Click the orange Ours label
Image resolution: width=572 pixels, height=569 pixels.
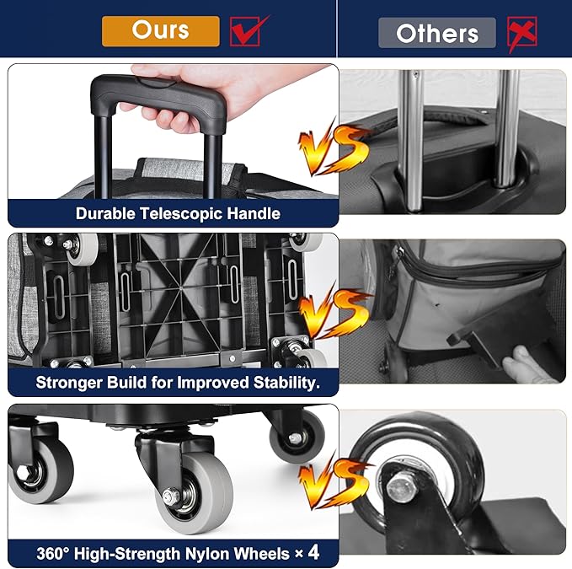click(161, 31)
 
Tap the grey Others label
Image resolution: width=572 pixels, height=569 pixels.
click(437, 33)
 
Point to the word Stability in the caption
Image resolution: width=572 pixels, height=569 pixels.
click(286, 383)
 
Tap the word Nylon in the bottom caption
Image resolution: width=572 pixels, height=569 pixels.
click(208, 554)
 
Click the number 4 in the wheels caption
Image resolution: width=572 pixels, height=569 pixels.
click(313, 553)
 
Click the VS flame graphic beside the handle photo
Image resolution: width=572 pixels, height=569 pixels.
click(333, 148)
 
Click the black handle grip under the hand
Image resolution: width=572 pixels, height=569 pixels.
click(158, 99)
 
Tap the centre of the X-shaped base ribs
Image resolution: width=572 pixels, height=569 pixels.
click(181, 288)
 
